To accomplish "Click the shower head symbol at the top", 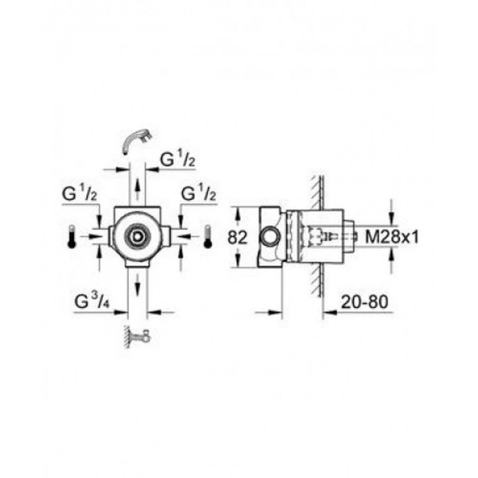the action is click(137, 141).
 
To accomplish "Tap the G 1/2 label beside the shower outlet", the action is click(178, 160).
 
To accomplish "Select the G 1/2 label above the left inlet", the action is click(79, 194).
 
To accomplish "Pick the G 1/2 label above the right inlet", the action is click(199, 194).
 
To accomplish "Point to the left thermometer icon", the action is click(72, 236).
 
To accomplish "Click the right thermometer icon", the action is click(208, 236).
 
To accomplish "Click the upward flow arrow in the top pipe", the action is click(138, 189).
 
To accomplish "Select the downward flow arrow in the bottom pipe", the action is click(137, 283).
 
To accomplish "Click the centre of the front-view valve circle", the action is click(137, 236).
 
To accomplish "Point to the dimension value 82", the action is click(237, 237).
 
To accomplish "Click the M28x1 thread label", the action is click(392, 237).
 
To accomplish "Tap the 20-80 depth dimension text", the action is click(364, 302).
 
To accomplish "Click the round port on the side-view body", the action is click(269, 237).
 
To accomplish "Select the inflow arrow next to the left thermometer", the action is click(92, 235).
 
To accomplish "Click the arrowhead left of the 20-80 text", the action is click(330, 312).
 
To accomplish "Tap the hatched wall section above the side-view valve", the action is click(318, 192).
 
